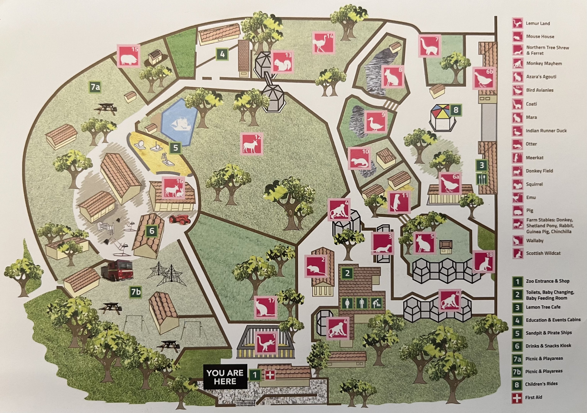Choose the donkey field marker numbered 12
pos(251,144)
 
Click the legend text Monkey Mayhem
pos(544,63)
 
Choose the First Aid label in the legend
pos(534,397)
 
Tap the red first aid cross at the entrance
pos(269,375)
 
